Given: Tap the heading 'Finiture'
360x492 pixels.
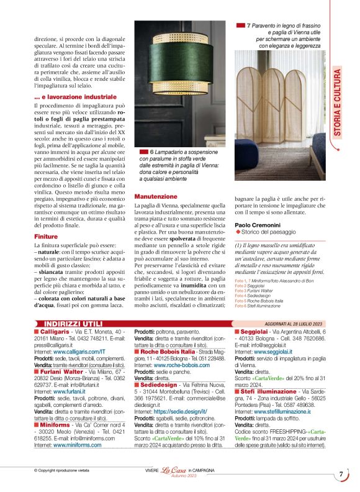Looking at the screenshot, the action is click(x=47, y=237).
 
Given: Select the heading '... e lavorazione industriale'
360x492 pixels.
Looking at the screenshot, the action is click(x=75, y=98).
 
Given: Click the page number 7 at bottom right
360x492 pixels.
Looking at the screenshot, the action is click(x=341, y=475).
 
